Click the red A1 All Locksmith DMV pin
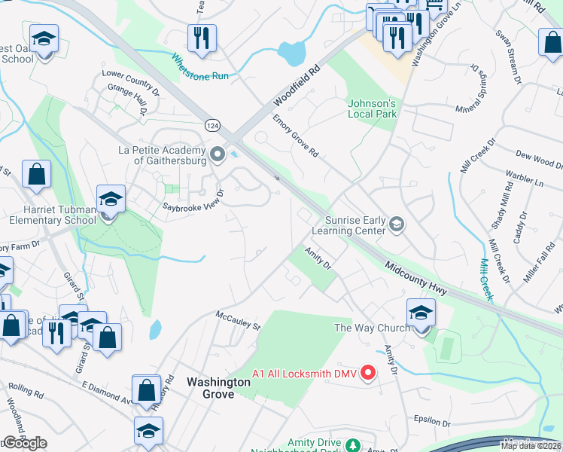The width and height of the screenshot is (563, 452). point(368,373)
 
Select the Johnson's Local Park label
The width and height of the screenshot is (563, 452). point(372,108)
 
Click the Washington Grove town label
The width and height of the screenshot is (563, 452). point(218,388)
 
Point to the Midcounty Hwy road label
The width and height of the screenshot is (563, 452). point(416,278)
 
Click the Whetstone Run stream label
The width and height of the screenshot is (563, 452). point(199,66)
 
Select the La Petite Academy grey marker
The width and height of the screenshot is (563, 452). point(218,155)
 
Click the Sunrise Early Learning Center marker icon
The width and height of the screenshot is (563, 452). point(397,224)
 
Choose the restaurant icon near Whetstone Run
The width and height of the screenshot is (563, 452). point(202,38)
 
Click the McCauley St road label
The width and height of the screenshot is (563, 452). point(237,321)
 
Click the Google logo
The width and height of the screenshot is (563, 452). point(24,443)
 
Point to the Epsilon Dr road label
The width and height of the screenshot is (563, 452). point(431,419)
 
